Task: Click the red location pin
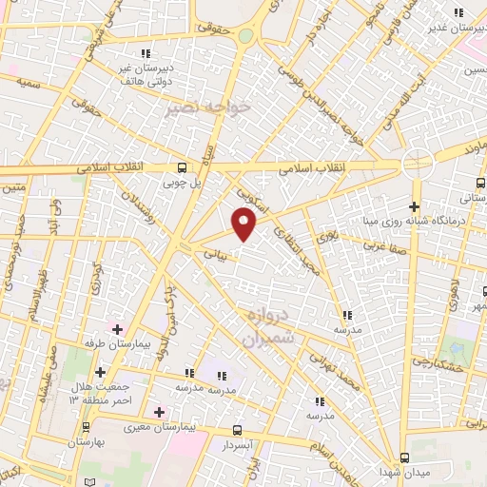pyautogui.click(x=244, y=224)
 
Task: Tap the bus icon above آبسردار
pyautogui.click(x=237, y=430)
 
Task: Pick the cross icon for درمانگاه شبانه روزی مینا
pyautogui.click(x=414, y=206)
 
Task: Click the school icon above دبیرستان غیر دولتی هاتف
pyautogui.click(x=146, y=52)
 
